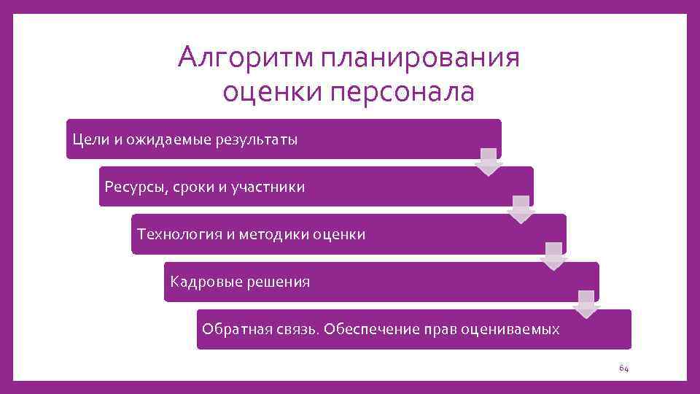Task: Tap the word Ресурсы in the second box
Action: coord(134,188)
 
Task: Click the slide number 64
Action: coord(623,368)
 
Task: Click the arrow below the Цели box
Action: coord(489,162)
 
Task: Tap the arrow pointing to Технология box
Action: coord(521,209)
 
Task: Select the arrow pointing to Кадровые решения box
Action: coord(553,257)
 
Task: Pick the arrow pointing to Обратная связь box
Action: coord(586,304)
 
